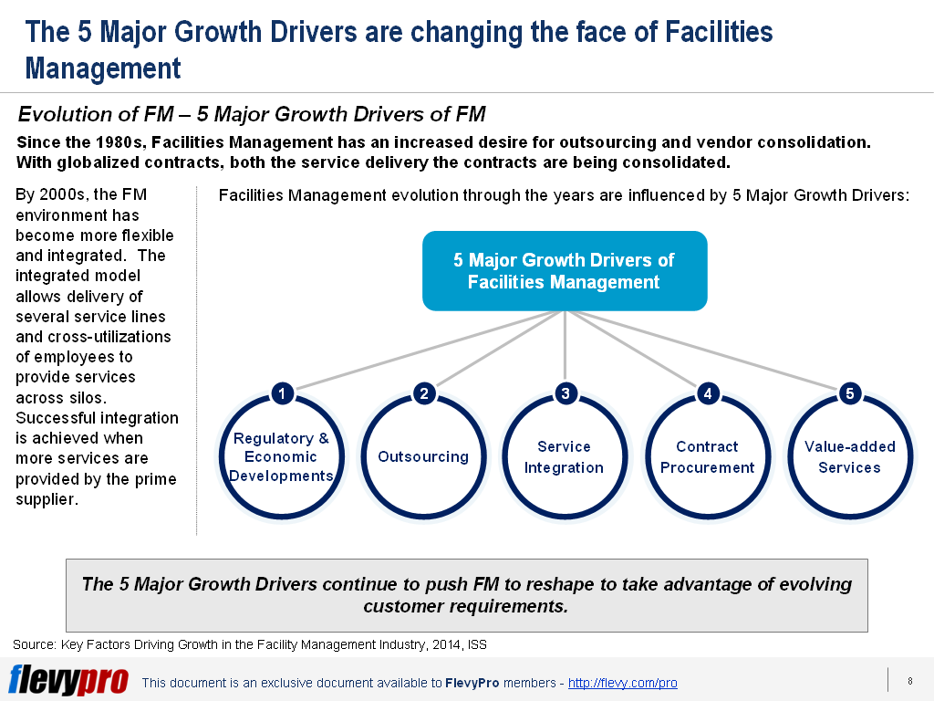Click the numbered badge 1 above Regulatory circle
[283, 393]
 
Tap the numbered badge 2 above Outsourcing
[424, 393]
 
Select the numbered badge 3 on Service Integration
[566, 393]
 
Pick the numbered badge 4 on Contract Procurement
[708, 393]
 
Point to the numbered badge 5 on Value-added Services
[850, 393]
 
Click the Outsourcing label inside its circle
[423, 456]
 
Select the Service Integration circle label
[564, 457]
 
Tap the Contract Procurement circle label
[707, 457]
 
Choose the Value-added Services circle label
[849, 457]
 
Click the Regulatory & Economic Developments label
[281, 457]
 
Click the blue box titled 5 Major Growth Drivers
[565, 270]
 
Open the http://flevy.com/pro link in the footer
[622, 683]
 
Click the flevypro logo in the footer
[68, 680]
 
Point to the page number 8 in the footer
[910, 681]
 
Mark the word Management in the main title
[103, 68]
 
